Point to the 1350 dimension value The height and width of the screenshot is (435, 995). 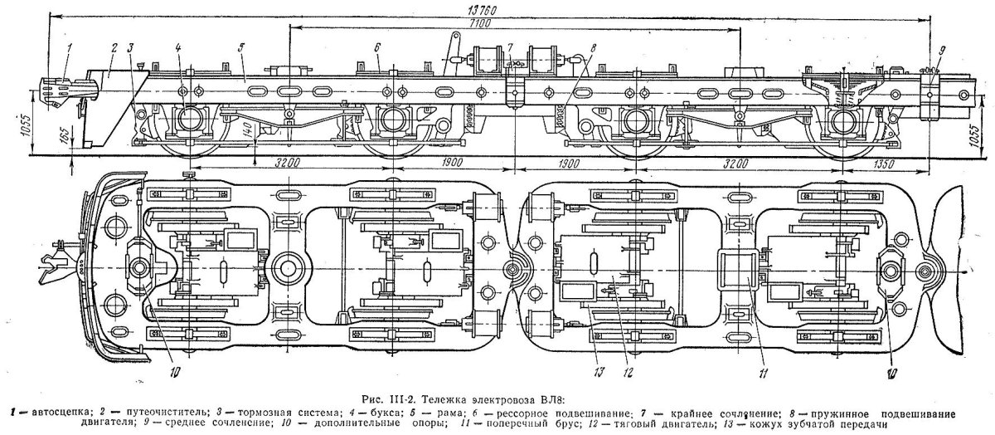[x=884, y=164]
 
